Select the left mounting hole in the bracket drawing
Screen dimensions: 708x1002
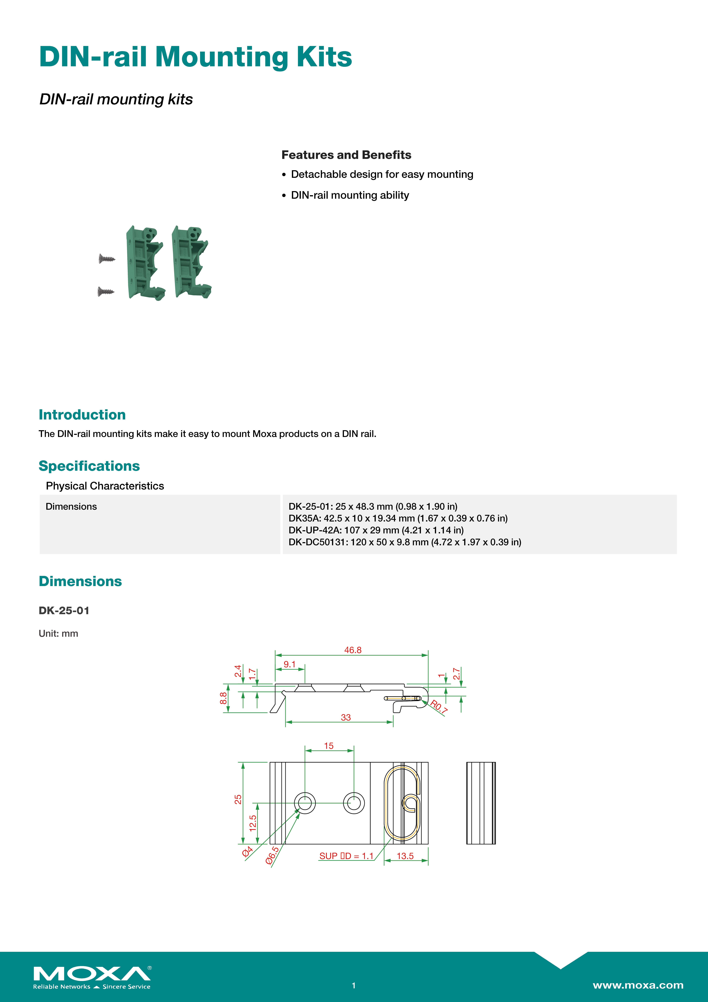tap(305, 803)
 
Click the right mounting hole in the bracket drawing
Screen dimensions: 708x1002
tap(354, 803)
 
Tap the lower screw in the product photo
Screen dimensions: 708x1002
tap(106, 291)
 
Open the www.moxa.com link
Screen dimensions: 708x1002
tap(638, 985)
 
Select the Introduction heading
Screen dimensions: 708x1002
tap(82, 415)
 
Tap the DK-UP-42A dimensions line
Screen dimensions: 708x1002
tap(376, 530)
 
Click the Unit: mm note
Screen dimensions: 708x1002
tap(58, 634)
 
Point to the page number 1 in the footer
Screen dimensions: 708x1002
tap(354, 985)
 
